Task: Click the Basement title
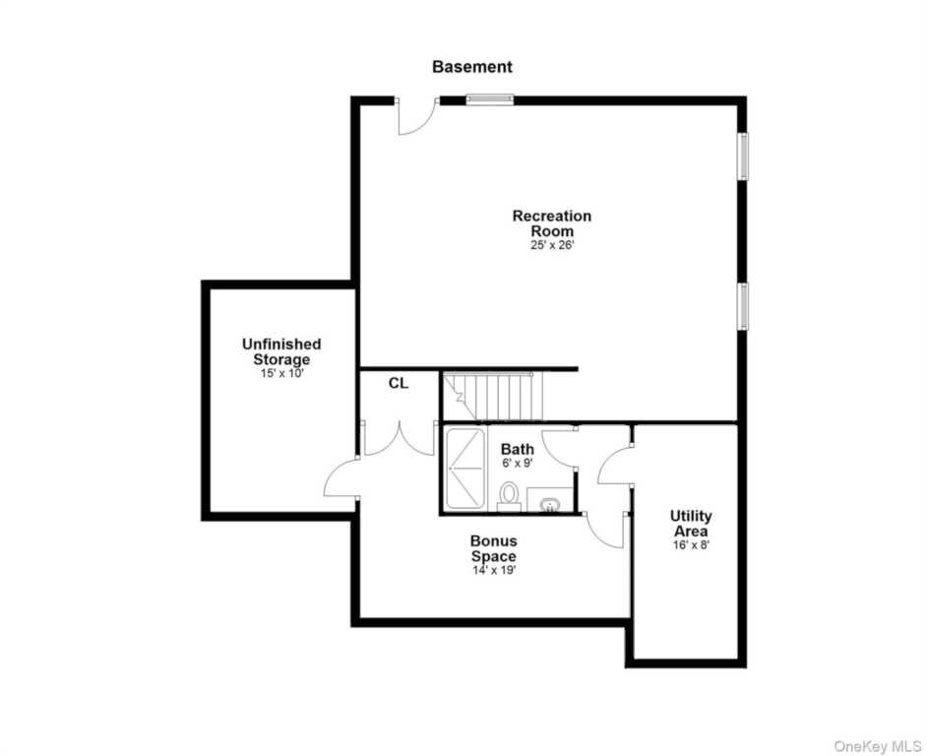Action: click(x=471, y=67)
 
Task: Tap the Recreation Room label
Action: click(x=552, y=223)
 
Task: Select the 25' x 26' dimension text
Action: click(x=552, y=245)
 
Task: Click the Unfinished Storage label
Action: click(x=281, y=351)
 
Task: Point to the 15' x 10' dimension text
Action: click(x=281, y=374)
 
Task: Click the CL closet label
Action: click(x=399, y=383)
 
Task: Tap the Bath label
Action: click(x=518, y=449)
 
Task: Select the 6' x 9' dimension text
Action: click(x=518, y=464)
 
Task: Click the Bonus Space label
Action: click(x=494, y=548)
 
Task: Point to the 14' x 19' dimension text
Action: click(x=494, y=571)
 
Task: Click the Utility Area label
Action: click(x=691, y=523)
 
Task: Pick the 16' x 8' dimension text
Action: click(x=691, y=544)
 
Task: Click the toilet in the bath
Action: click(x=509, y=496)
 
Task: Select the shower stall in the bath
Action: click(x=464, y=469)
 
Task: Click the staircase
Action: click(x=493, y=397)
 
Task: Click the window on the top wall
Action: click(x=489, y=100)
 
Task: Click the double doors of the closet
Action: click(x=400, y=438)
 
